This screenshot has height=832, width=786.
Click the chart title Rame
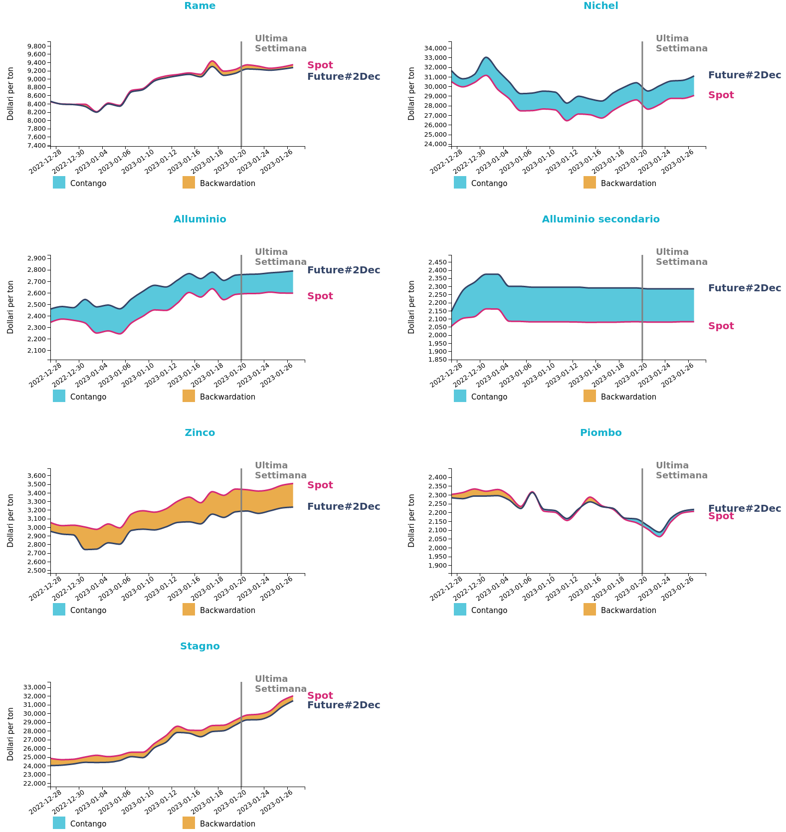tap(199, 6)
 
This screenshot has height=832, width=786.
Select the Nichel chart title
tap(600, 6)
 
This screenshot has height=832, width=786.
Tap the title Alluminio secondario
tap(600, 219)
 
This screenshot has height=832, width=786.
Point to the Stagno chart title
tap(199, 646)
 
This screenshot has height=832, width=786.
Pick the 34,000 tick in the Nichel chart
tap(435, 48)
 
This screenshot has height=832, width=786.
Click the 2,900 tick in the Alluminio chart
tap(36, 258)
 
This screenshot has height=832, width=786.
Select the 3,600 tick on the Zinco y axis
tap(36, 476)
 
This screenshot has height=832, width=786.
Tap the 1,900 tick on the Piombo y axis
tap(437, 566)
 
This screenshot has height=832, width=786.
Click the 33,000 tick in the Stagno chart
tap(35, 687)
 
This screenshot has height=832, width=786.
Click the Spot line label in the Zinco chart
tap(320, 485)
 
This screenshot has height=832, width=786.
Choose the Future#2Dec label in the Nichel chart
tap(744, 75)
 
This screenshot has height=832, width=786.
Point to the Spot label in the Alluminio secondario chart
tap(721, 326)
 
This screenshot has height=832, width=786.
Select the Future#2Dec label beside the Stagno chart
tap(343, 705)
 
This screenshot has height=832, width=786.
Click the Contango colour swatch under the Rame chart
tap(59, 183)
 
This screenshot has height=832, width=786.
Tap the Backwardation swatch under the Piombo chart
tap(589, 610)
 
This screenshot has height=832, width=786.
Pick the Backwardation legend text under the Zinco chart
tap(227, 611)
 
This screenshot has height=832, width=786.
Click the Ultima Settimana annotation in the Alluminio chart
tap(280, 257)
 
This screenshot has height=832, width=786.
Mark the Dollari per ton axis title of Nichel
tap(411, 94)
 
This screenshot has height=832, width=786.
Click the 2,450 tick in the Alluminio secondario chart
tap(437, 262)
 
